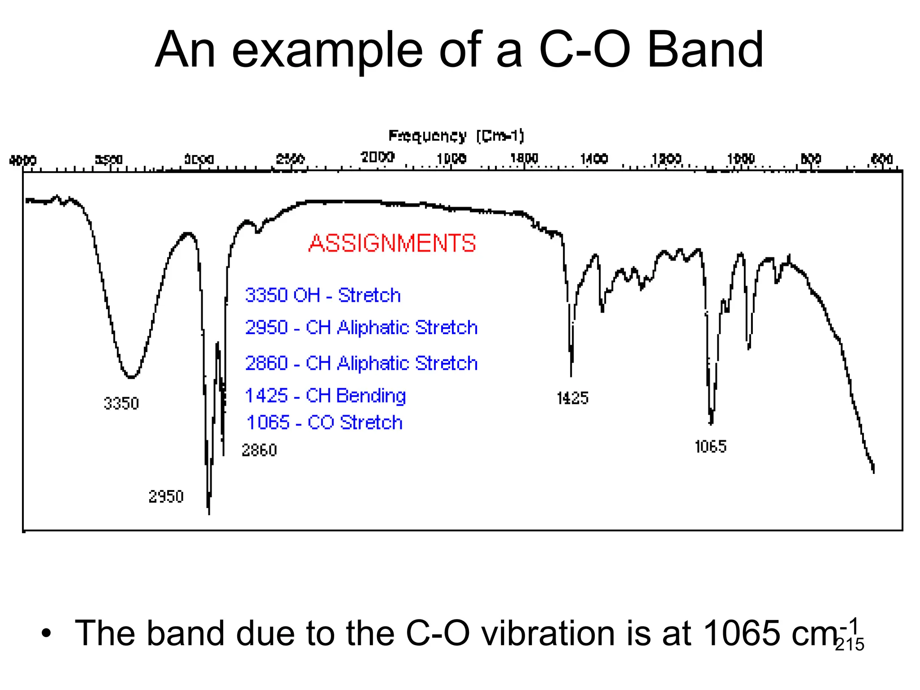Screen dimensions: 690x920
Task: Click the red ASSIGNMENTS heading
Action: pos(392,243)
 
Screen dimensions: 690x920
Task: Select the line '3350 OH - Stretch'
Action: pos(323,296)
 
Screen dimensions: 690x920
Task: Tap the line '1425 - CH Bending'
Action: pos(325,396)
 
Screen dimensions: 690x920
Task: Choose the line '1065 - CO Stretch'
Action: pos(324,423)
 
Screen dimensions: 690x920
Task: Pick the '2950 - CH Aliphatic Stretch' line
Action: pos(361,327)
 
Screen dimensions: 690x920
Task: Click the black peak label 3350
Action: pos(121,403)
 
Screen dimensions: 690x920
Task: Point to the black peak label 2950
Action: pos(166,497)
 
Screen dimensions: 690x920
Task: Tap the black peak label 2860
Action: pos(259,450)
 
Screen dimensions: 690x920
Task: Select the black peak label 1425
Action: pos(572,398)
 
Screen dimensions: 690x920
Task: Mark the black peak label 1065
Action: pos(710,447)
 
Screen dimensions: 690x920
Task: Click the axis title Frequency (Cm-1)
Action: pos(456,136)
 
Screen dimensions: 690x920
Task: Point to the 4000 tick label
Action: pos(23,160)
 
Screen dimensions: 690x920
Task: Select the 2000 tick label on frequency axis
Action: pos(377,157)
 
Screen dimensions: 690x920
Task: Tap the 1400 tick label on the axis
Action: pos(594,159)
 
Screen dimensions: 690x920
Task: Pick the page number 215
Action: pos(849,644)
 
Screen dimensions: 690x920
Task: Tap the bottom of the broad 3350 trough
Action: pos(131,377)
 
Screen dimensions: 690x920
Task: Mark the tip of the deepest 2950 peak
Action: pos(209,513)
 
